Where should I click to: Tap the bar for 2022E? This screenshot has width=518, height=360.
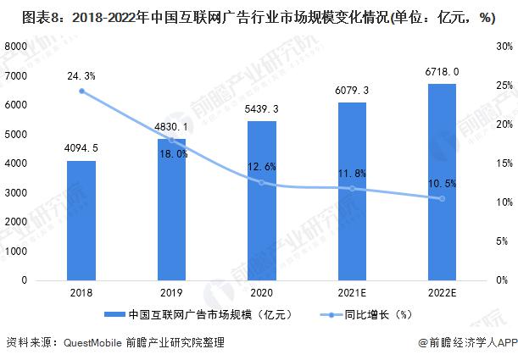pos(442,181)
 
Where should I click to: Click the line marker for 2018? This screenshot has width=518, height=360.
pos(81,91)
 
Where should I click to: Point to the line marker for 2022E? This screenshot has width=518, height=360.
pos(442,198)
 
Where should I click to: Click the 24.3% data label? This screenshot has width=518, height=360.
pos(81,75)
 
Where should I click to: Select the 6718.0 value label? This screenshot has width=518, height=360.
pos(442,72)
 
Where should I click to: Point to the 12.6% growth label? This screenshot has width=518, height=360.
pos(262,166)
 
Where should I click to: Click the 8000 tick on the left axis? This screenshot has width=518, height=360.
pos(16,46)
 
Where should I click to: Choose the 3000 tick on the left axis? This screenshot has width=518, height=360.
pos(16,192)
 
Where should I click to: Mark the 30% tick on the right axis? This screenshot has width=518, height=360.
pos(504,46)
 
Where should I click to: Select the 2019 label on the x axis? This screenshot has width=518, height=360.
pos(171,293)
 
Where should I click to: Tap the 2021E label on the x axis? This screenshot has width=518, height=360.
pos(352,293)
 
